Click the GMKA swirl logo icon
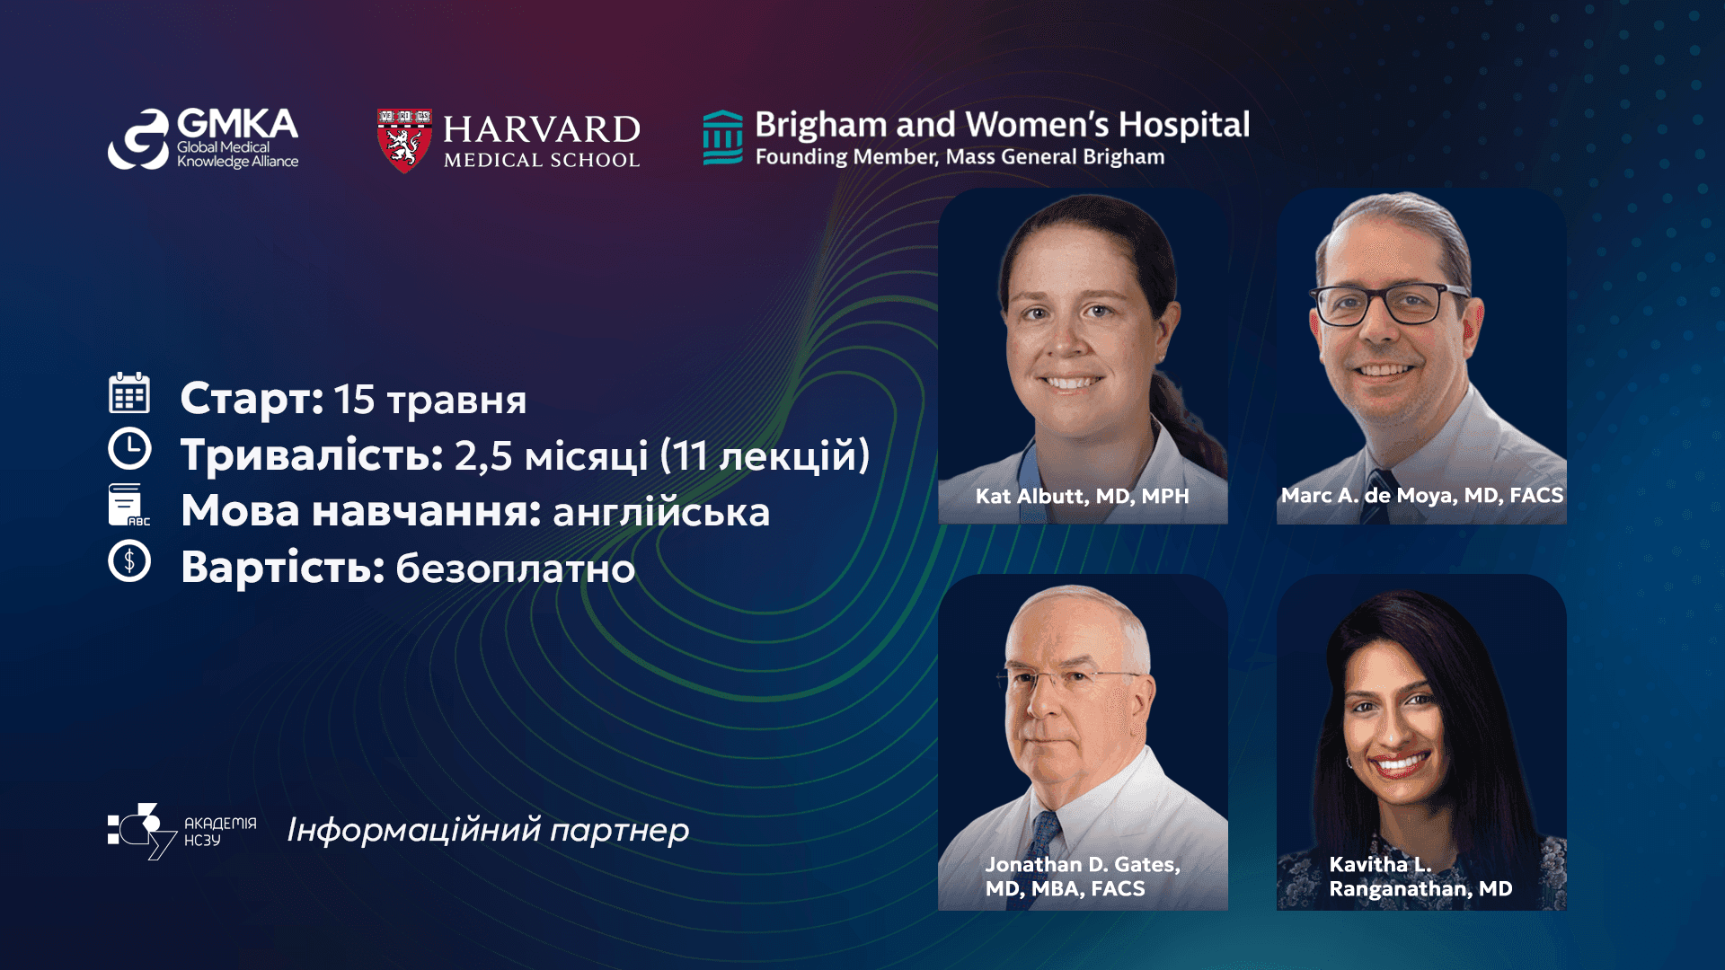tap(137, 139)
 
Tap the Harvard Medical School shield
tap(404, 141)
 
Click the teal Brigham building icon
tap(722, 137)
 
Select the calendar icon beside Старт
tap(129, 392)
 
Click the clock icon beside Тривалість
tap(129, 448)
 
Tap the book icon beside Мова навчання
tap(128, 505)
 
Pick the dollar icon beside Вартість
tap(129, 561)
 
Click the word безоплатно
tap(516, 568)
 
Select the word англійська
tap(661, 512)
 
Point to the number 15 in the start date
tap(354, 399)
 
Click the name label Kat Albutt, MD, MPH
tap(1082, 496)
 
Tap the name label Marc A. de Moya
tap(1421, 495)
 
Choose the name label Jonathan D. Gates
tap(1083, 876)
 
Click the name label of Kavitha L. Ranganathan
tap(1420, 876)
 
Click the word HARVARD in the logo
tap(542, 129)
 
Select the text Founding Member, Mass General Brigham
tap(960, 157)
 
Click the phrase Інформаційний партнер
tap(488, 831)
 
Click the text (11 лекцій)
tap(765, 455)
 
